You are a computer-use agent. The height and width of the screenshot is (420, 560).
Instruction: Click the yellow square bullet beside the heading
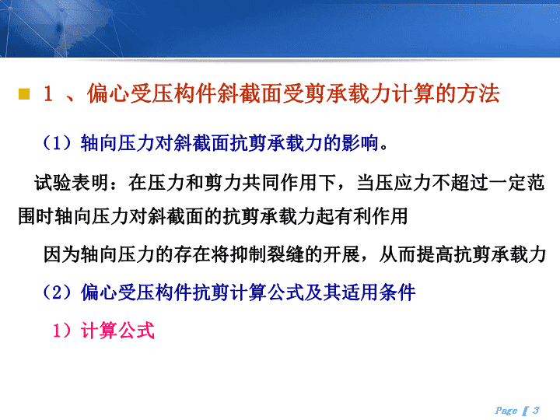24,94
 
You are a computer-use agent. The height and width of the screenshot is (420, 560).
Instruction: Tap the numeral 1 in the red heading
48,94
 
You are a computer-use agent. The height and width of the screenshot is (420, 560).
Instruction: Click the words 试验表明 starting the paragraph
72,183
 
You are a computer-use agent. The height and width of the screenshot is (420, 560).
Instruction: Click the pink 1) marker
64,330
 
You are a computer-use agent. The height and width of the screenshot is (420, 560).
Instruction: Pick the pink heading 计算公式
117,330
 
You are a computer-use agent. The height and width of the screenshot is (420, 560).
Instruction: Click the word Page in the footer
506,411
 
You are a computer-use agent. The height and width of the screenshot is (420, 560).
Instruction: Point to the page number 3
536,410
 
